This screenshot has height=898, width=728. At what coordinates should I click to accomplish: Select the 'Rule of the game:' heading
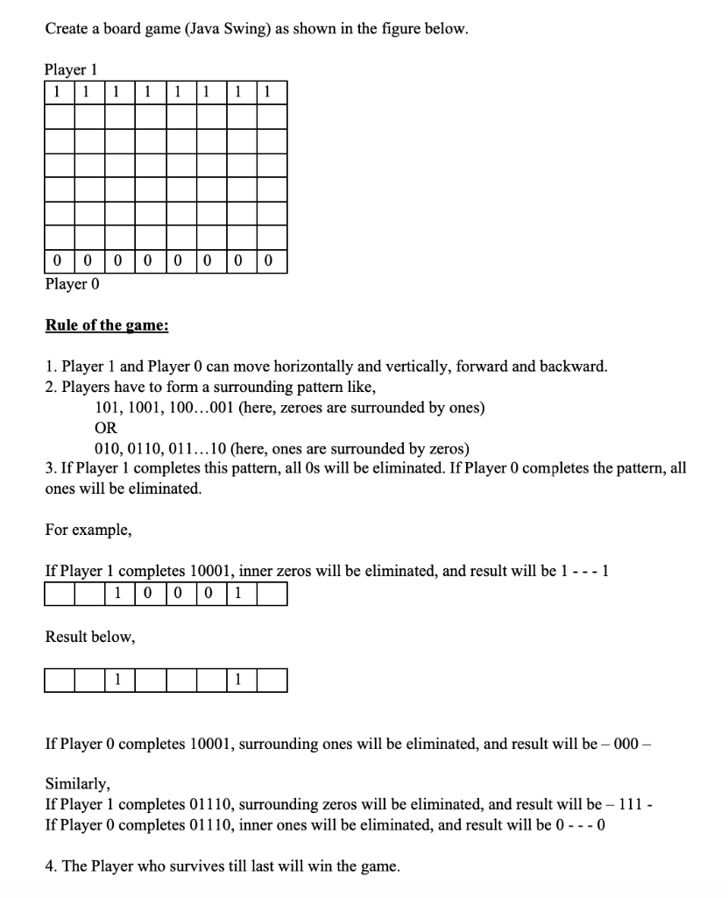coord(107,325)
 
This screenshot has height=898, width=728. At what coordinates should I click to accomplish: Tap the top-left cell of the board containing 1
coord(57,91)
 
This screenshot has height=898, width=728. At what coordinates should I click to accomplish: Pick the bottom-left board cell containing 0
coord(57,260)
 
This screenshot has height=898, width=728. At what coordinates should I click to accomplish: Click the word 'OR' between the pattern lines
coord(105,428)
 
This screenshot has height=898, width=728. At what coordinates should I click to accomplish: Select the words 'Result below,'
coord(90,637)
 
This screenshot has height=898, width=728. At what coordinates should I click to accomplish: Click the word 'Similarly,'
coord(77,783)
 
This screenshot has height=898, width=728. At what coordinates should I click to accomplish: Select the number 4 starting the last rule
coord(49,866)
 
